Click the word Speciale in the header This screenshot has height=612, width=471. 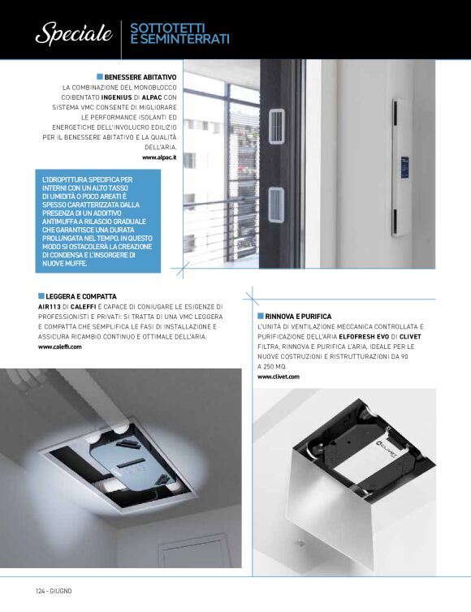pyautogui.click(x=74, y=33)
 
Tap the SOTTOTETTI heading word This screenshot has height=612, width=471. pyautogui.click(x=167, y=28)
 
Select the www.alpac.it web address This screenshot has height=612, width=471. pyautogui.click(x=159, y=157)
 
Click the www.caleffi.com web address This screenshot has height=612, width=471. pyautogui.click(x=60, y=347)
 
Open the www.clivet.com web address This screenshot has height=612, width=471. pyautogui.click(x=279, y=377)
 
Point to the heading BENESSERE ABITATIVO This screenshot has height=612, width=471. pyautogui.click(x=140, y=77)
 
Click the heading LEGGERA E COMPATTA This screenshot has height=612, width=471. pyautogui.click(x=81, y=296)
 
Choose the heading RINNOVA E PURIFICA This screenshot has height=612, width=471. pyautogui.click(x=298, y=317)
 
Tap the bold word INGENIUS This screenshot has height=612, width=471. pyautogui.click(x=116, y=97)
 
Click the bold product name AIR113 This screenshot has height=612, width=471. pyautogui.click(x=50, y=307)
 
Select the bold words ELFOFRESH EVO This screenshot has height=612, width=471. pyautogui.click(x=364, y=337)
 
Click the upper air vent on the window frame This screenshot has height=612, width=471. pyautogui.click(x=276, y=126)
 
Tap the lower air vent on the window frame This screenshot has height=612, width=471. pyautogui.click(x=276, y=205)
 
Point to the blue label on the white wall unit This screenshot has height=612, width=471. pyautogui.click(x=404, y=166)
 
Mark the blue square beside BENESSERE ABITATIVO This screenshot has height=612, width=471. pyautogui.click(x=100, y=77)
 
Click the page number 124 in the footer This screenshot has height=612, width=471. pyautogui.click(x=41, y=591)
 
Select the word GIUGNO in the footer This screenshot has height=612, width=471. pyautogui.click(x=61, y=591)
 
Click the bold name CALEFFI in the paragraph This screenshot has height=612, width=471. pyautogui.click(x=83, y=307)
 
